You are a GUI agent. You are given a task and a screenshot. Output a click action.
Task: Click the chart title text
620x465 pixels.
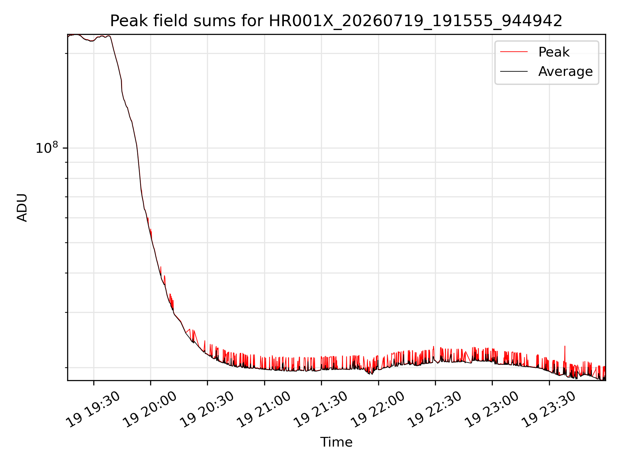[x=336, y=21]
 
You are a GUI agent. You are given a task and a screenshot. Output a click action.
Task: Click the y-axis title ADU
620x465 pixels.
[x=22, y=208]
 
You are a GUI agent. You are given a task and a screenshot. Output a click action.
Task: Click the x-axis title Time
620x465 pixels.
[x=336, y=442]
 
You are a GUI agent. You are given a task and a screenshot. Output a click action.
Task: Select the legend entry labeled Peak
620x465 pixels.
[x=554, y=52]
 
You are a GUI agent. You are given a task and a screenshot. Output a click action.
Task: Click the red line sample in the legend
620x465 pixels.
[x=514, y=52]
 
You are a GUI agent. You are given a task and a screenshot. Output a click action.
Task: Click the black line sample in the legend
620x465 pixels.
[x=514, y=71]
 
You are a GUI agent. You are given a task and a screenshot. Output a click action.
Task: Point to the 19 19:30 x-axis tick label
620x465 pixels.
[x=93, y=409]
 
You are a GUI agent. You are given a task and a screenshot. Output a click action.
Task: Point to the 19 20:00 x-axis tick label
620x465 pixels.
[x=150, y=409]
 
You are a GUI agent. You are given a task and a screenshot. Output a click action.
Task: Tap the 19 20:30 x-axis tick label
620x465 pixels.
[x=207, y=409]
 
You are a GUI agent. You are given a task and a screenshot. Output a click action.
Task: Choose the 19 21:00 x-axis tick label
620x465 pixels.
[x=264, y=409]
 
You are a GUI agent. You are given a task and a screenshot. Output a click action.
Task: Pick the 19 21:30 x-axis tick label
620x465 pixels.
[x=321, y=409]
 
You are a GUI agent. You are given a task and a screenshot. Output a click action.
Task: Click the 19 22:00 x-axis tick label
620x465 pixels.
[x=378, y=409]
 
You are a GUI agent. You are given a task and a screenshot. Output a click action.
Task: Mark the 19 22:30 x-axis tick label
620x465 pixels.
[x=435, y=409]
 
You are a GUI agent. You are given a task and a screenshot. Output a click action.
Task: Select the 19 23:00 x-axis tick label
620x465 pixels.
[x=491, y=409]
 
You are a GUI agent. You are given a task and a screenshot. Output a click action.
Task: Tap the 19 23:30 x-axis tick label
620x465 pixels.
[x=549, y=409]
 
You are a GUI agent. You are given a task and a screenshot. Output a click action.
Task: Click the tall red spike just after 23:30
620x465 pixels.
[x=564, y=355]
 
